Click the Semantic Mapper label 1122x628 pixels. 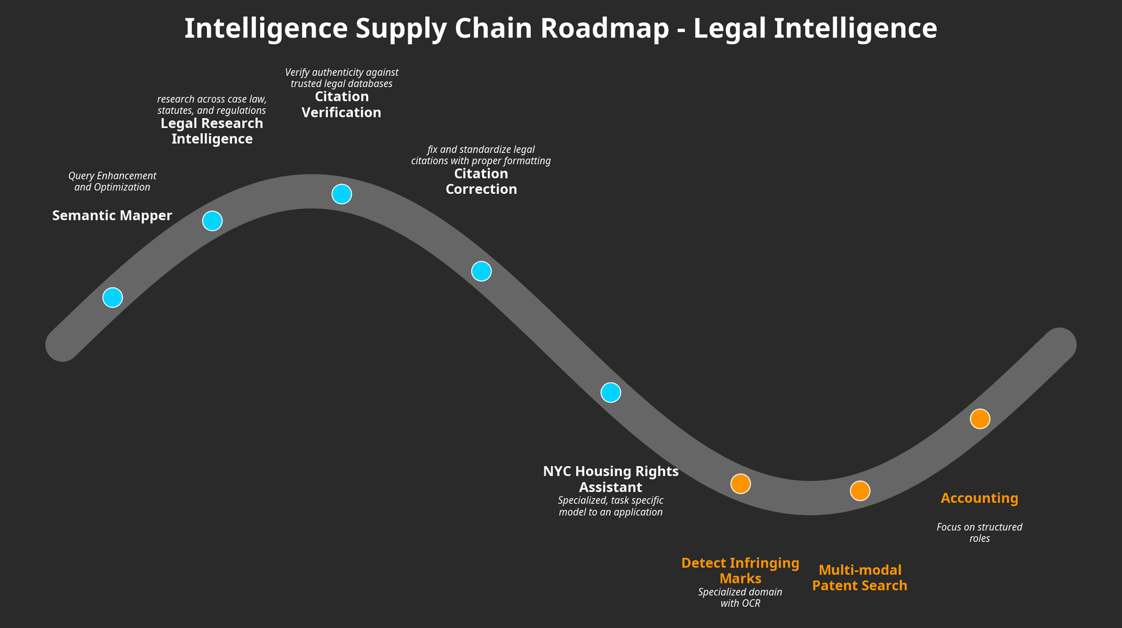pyautogui.click(x=112, y=216)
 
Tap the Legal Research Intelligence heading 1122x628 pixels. pyautogui.click(x=212, y=131)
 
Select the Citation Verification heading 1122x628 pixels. pyautogui.click(x=341, y=105)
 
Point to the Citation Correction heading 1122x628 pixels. pyautogui.click(x=481, y=181)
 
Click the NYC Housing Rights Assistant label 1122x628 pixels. pyautogui.click(x=611, y=479)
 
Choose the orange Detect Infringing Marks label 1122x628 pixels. pyautogui.click(x=740, y=571)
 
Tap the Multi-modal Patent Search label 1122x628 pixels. pyautogui.click(x=860, y=578)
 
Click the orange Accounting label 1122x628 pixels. pyautogui.click(x=979, y=498)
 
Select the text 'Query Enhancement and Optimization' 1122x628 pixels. pyautogui.click(x=112, y=182)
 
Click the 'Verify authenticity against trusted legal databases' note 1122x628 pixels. pyautogui.click(x=341, y=78)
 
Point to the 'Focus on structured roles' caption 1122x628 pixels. pyautogui.click(x=979, y=533)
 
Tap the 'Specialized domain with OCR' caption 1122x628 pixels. pyautogui.click(x=740, y=598)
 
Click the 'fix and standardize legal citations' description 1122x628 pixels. pyautogui.click(x=481, y=155)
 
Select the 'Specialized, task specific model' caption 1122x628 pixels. pyautogui.click(x=611, y=506)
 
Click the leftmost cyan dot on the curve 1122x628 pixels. pyautogui.click(x=113, y=297)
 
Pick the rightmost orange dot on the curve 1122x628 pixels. pyautogui.click(x=980, y=419)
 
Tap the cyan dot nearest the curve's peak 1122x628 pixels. pyautogui.click(x=342, y=194)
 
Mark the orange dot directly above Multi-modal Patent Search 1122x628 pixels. pyautogui.click(x=860, y=491)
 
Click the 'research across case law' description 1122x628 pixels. pyautogui.click(x=212, y=105)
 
